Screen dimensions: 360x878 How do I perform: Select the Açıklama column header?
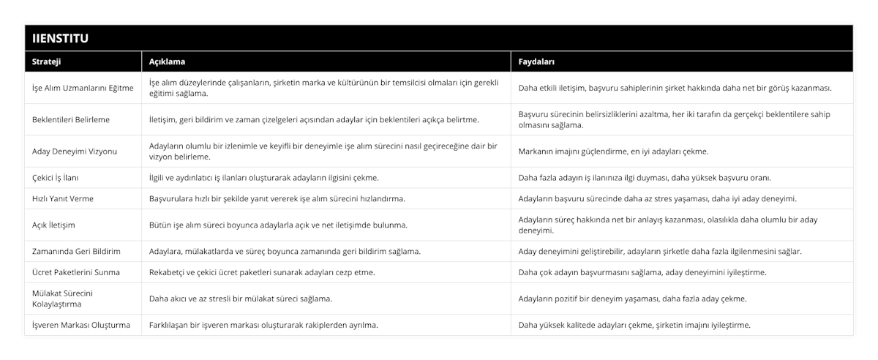[x=167, y=61]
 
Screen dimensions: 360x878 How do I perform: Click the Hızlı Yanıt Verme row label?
[x=63, y=198]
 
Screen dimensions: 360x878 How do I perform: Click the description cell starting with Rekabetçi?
[x=262, y=272]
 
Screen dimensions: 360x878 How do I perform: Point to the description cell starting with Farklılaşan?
[x=263, y=325]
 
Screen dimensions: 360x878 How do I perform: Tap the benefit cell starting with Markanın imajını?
[x=613, y=151]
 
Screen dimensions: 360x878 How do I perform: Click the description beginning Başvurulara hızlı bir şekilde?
[x=277, y=198]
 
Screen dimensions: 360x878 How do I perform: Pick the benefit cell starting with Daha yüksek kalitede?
[x=634, y=325]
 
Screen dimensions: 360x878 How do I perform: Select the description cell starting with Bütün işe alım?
[x=278, y=225]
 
